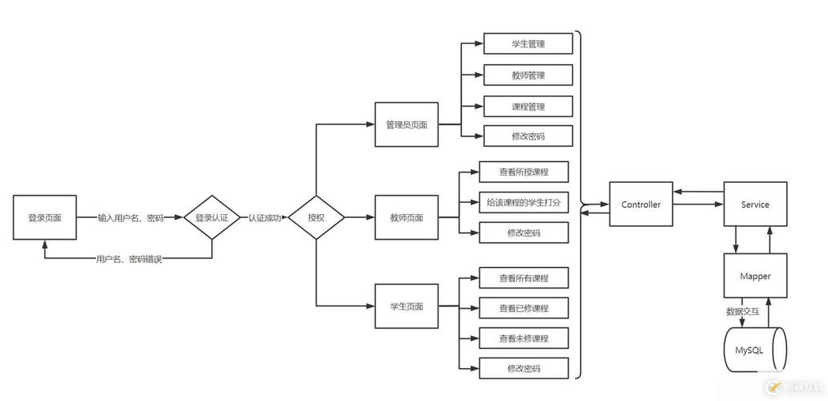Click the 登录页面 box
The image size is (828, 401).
tap(44, 217)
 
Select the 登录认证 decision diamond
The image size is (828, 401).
tap(212, 217)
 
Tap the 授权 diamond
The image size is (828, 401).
tap(316, 217)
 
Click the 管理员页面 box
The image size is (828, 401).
tap(406, 124)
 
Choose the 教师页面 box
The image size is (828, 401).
tap(406, 217)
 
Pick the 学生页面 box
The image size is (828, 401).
tap(406, 306)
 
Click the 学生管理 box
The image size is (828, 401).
tap(528, 43)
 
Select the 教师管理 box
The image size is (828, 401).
tap(528, 75)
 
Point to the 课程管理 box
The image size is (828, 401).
tap(528, 106)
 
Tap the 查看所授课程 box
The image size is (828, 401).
tap(523, 172)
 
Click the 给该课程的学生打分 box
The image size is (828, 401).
tap(523, 203)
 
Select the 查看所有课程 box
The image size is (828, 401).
tap(523, 278)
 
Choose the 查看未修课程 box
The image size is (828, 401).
tap(523, 338)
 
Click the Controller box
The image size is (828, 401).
tap(641, 205)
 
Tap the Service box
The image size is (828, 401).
tap(755, 205)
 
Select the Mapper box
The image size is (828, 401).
tap(755, 276)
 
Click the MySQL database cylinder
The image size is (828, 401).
tap(755, 350)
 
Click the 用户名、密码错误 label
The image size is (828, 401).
tap(128, 259)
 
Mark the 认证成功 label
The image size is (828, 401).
tap(264, 217)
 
